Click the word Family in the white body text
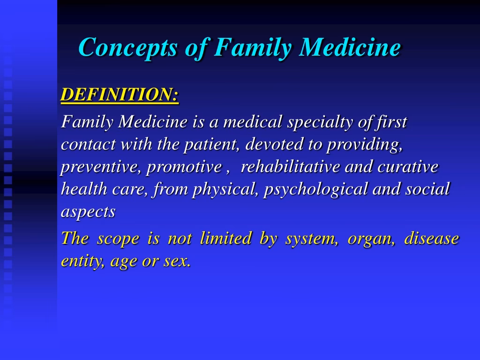pyautogui.click(x=87, y=123)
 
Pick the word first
pyautogui.click(x=391, y=122)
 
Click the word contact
pyautogui.click(x=88, y=145)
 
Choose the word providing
pyautogui.click(x=364, y=145)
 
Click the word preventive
pyautogui.click(x=101, y=167)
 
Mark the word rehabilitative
pyautogui.click(x=291, y=167)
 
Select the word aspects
pyautogui.click(x=88, y=212)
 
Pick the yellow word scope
pyautogui.click(x=118, y=239)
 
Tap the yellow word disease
pyautogui.click(x=431, y=239)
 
